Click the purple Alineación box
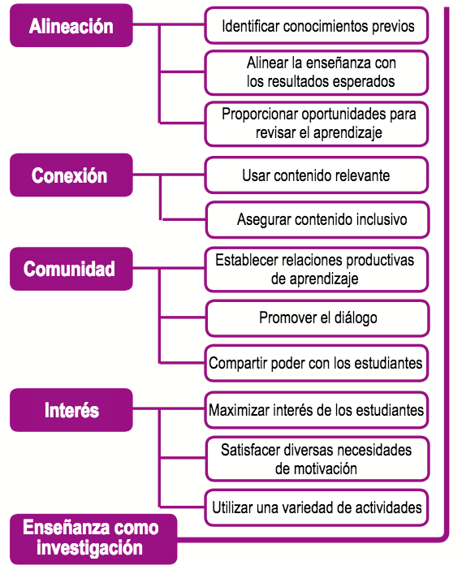[71, 25]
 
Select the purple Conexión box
[71, 175]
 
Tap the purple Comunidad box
[71, 269]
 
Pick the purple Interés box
[71, 410]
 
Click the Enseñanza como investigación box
[93, 539]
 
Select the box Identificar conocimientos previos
[317, 26]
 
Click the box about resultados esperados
[317, 73]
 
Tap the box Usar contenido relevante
[317, 175]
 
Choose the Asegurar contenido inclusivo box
[317, 220]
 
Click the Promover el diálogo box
[317, 318]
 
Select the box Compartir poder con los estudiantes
[317, 363]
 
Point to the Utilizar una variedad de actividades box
[317, 507]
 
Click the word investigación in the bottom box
[89, 549]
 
